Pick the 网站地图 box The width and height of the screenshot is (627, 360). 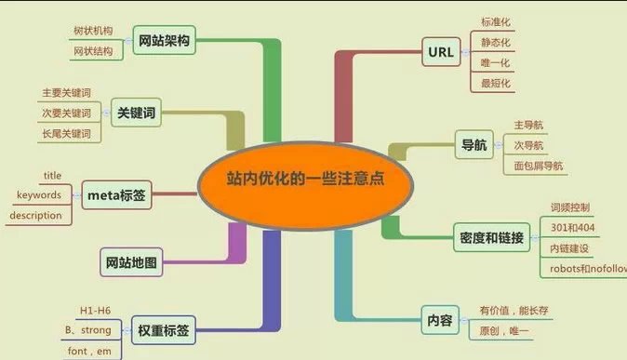coord(129,263)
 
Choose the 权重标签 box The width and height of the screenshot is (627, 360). coord(164,329)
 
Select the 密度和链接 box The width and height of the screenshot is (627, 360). coord(492,237)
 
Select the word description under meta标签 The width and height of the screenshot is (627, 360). coord(36,216)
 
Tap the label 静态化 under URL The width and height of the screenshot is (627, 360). coord(496,43)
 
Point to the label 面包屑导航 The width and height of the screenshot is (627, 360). coord(539,167)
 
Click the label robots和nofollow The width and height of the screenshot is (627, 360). coord(587,269)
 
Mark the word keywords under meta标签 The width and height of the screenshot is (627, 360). coord(39,195)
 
